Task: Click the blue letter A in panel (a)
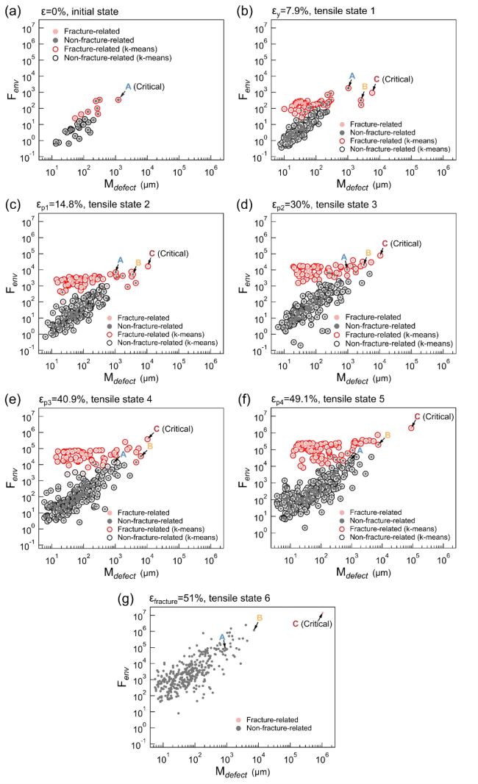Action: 128,87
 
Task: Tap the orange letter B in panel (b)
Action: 363,86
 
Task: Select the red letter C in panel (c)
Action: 151,254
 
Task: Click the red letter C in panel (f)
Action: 417,417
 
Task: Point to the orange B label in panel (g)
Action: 259,618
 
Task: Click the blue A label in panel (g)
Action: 222,638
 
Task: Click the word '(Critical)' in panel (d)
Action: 404,243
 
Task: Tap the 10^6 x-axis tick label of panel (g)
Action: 321,757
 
